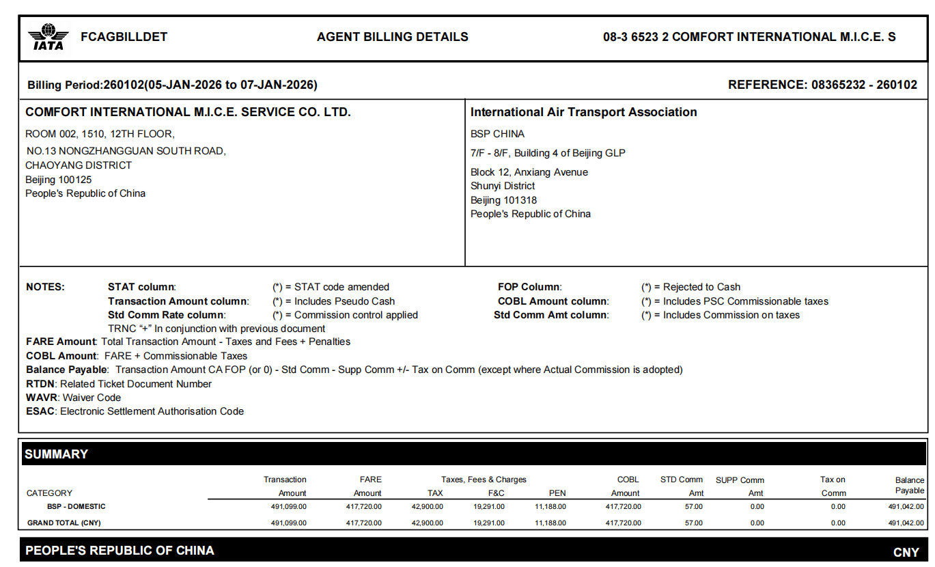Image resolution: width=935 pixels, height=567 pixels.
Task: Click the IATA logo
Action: coord(48,37)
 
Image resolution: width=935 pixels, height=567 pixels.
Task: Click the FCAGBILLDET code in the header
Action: coord(124,37)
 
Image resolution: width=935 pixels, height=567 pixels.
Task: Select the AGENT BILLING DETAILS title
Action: coord(393,37)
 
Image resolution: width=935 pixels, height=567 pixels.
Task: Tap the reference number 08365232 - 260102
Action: coord(864,85)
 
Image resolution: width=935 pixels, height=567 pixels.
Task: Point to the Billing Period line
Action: coord(172,85)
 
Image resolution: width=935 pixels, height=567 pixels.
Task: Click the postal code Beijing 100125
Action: coord(59,180)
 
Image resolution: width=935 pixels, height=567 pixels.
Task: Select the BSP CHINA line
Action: coord(497,134)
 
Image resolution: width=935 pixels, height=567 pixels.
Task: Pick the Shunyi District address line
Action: coord(503,186)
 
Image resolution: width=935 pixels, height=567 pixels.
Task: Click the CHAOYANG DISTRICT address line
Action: coord(79,165)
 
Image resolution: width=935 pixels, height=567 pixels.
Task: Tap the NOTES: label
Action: coord(45,287)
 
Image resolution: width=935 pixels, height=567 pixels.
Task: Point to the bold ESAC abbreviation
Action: coord(41,411)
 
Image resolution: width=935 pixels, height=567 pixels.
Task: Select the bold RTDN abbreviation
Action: coord(41,384)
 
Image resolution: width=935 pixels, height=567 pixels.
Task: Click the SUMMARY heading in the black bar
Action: coord(57,454)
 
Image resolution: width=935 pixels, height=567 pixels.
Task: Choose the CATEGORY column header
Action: coord(49,493)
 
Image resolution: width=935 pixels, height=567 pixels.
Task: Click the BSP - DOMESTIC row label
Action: coord(76,507)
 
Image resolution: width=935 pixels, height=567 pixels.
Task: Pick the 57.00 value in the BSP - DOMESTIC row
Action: coord(694,507)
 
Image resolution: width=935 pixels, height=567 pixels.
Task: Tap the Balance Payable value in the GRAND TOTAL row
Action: coord(906,523)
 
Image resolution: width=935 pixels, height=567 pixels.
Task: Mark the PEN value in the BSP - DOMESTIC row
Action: coord(550,507)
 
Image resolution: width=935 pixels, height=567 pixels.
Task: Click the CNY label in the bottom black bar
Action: coord(906,552)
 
